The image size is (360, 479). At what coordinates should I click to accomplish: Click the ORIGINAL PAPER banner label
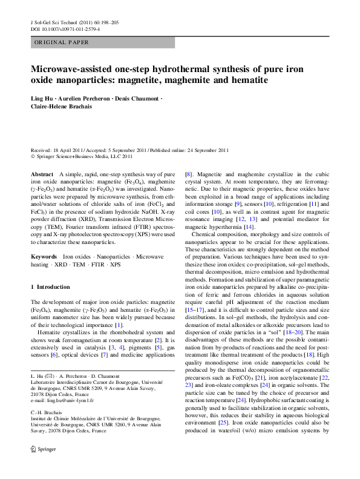point(62,43)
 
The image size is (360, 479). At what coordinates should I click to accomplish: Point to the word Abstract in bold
point(42,174)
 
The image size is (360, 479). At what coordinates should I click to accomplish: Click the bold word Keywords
point(44,257)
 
